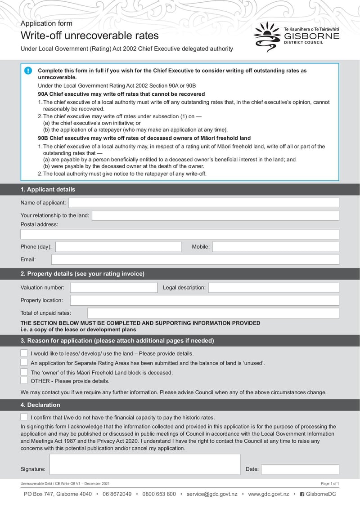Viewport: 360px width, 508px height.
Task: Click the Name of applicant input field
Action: click(203, 203)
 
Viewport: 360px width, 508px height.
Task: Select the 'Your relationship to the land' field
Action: click(215, 215)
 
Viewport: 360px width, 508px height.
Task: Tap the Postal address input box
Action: click(180, 234)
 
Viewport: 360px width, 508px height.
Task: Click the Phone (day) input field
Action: click(118, 247)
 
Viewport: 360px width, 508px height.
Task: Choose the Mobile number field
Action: click(275, 247)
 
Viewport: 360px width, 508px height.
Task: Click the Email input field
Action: click(195, 259)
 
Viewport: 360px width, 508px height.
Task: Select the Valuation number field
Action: click(113, 288)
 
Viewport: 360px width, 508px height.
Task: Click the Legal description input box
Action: click(273, 288)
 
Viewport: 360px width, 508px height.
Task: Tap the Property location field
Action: click(204, 300)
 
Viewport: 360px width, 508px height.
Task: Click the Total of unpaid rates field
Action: click(213, 313)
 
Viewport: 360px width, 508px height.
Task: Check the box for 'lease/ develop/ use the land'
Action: click(24, 353)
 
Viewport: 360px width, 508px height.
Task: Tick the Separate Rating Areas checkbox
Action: click(24, 363)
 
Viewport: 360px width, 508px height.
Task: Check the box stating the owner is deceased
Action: click(24, 372)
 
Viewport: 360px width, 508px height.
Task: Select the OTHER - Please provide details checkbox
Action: click(24, 381)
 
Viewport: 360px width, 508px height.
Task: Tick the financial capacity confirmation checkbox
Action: click(24, 417)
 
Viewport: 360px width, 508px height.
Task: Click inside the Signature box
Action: click(144, 464)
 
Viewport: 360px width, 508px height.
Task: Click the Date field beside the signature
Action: click(300, 469)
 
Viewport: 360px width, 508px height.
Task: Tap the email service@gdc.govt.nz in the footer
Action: click(212, 494)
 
